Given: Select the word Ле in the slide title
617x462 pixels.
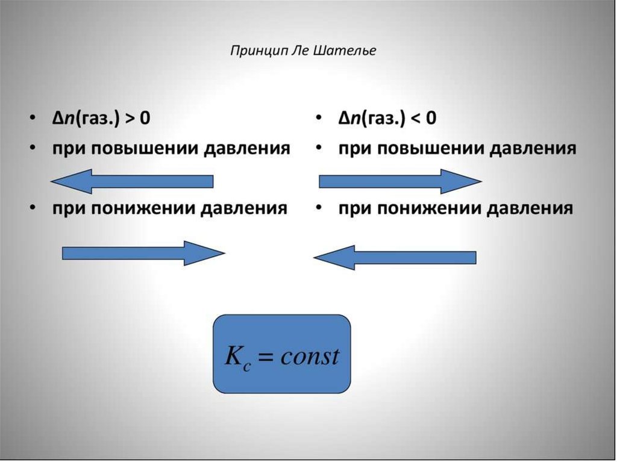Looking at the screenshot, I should [300, 51].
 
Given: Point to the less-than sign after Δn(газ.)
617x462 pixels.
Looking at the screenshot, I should [416, 118].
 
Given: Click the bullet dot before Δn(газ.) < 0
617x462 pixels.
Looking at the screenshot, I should [318, 118].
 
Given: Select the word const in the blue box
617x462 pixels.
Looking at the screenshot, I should [310, 356].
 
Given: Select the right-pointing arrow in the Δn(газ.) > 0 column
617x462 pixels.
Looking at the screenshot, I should [143, 254].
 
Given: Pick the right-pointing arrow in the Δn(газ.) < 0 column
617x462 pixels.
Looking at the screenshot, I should [399, 181].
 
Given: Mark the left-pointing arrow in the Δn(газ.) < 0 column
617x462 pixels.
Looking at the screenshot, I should [395, 257].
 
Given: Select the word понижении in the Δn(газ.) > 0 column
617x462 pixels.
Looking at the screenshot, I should [145, 208].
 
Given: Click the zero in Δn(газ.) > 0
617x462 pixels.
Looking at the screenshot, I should [145, 118].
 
